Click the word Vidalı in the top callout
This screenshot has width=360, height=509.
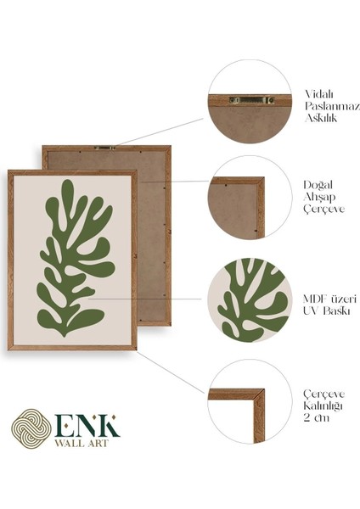(318, 93)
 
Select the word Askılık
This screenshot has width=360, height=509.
(321, 119)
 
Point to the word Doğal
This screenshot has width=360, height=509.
(318, 184)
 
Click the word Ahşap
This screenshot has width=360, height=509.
(319, 197)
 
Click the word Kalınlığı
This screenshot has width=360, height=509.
(323, 406)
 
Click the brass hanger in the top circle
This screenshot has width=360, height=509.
(250, 99)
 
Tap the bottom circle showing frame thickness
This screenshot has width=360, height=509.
(239, 401)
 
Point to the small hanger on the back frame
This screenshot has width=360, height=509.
(105, 148)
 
